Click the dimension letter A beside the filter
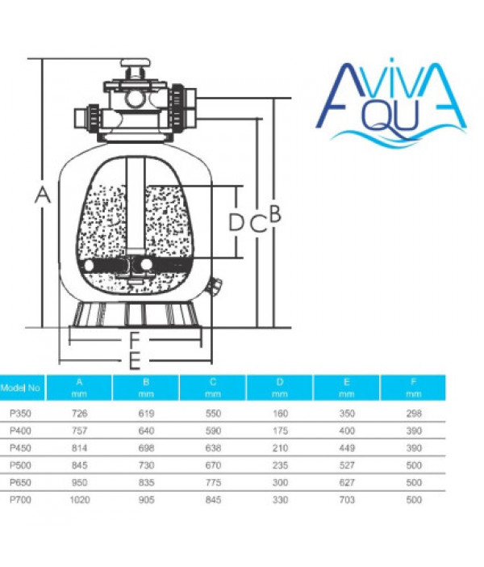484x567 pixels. pyautogui.click(x=43, y=195)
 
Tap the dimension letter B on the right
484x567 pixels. pyautogui.click(x=275, y=213)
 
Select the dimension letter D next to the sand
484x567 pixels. pyautogui.click(x=236, y=222)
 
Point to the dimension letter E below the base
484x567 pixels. pyautogui.click(x=135, y=360)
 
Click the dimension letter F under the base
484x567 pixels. pyautogui.click(x=135, y=340)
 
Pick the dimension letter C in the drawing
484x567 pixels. pyautogui.click(x=258, y=224)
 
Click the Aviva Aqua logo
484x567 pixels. pyautogui.click(x=391, y=103)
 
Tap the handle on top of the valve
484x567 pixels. pyautogui.click(x=136, y=64)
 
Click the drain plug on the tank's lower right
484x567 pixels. pyautogui.click(x=215, y=286)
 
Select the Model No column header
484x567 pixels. pyautogui.click(x=20, y=388)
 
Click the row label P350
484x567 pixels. pyautogui.click(x=20, y=414)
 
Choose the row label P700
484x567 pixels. pyautogui.click(x=20, y=500)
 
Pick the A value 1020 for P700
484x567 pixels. pyautogui.click(x=80, y=500)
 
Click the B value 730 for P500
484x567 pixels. pyautogui.click(x=146, y=465)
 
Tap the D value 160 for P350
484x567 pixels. pyautogui.click(x=280, y=414)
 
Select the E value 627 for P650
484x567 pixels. pyautogui.click(x=347, y=482)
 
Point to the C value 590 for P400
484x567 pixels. pyautogui.click(x=213, y=430)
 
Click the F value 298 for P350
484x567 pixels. pyautogui.click(x=414, y=414)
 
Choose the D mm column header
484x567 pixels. pyautogui.click(x=280, y=388)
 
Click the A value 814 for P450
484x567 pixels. pyautogui.click(x=80, y=448)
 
